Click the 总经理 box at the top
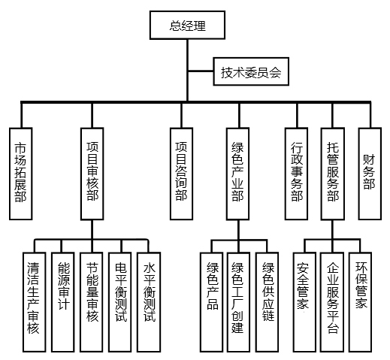pyautogui.click(x=187, y=25)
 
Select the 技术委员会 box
pyautogui.click(x=251, y=71)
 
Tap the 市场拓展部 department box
pyautogui.click(x=21, y=174)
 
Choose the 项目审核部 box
pyautogui.click(x=92, y=174)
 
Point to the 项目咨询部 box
pyautogui.click(x=181, y=174)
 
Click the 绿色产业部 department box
pyautogui.click(x=237, y=174)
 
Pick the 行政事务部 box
pyautogui.click(x=296, y=174)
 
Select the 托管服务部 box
pyautogui.click(x=333, y=174)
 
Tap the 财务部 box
pyautogui.click(x=370, y=174)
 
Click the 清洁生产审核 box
pyautogui.click(x=35, y=302)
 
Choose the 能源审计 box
pyautogui.click(x=63, y=302)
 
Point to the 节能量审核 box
pyautogui.click(x=92, y=302)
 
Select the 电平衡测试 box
pyautogui.click(x=120, y=302)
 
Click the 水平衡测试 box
pyautogui.click(x=149, y=302)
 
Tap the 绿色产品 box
pyautogui.click(x=211, y=302)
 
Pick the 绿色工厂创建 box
pyautogui.click(x=238, y=302)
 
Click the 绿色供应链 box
pyautogui.click(x=267, y=302)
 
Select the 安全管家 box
pyautogui.click(x=304, y=302)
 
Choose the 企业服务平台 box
pyautogui.click(x=332, y=302)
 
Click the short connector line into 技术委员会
pyautogui.click(x=201, y=71)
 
